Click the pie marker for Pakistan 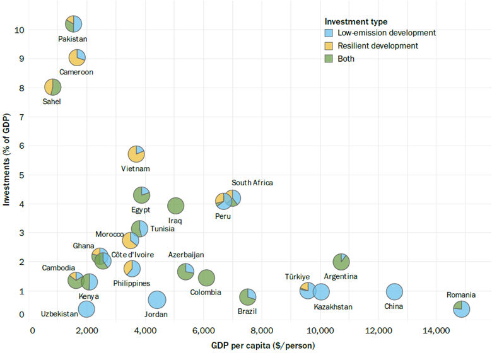[73, 24]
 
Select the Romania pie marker [461, 308]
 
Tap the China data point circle [394, 291]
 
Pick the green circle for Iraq [175, 206]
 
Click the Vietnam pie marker [136, 153]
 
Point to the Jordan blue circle [157, 299]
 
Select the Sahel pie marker [52, 87]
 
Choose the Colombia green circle [206, 277]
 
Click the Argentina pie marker [341, 261]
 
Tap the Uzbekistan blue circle [87, 308]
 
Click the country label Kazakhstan [333, 307]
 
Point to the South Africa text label [252, 183]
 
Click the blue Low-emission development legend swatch [328, 33]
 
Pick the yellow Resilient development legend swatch [328, 46]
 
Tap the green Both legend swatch [328, 59]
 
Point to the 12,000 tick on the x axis [378, 330]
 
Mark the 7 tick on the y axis [23, 117]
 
